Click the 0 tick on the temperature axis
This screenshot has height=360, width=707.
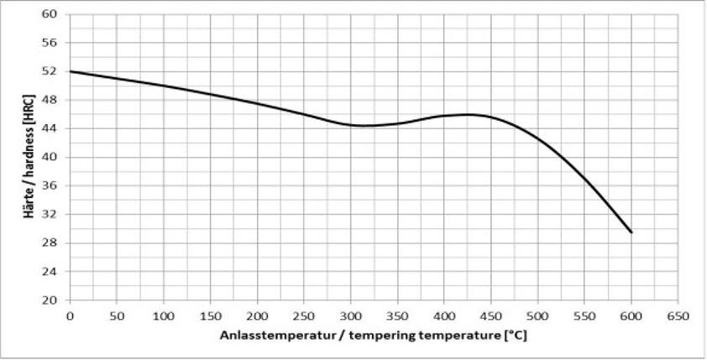coord(70,316)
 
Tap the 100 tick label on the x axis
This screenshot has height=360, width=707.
coord(163,316)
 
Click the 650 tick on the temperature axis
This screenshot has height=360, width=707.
coord(678,316)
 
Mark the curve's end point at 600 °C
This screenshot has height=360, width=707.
coord(631,232)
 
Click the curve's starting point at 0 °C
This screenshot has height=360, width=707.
coord(71,71)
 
